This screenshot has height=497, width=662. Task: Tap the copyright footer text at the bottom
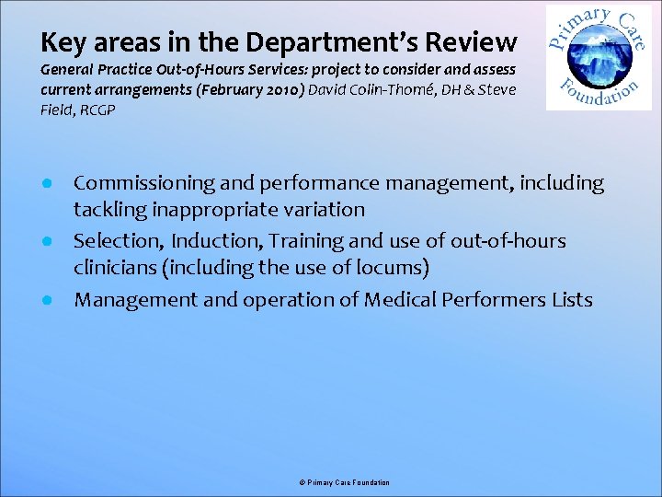[345, 482]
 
